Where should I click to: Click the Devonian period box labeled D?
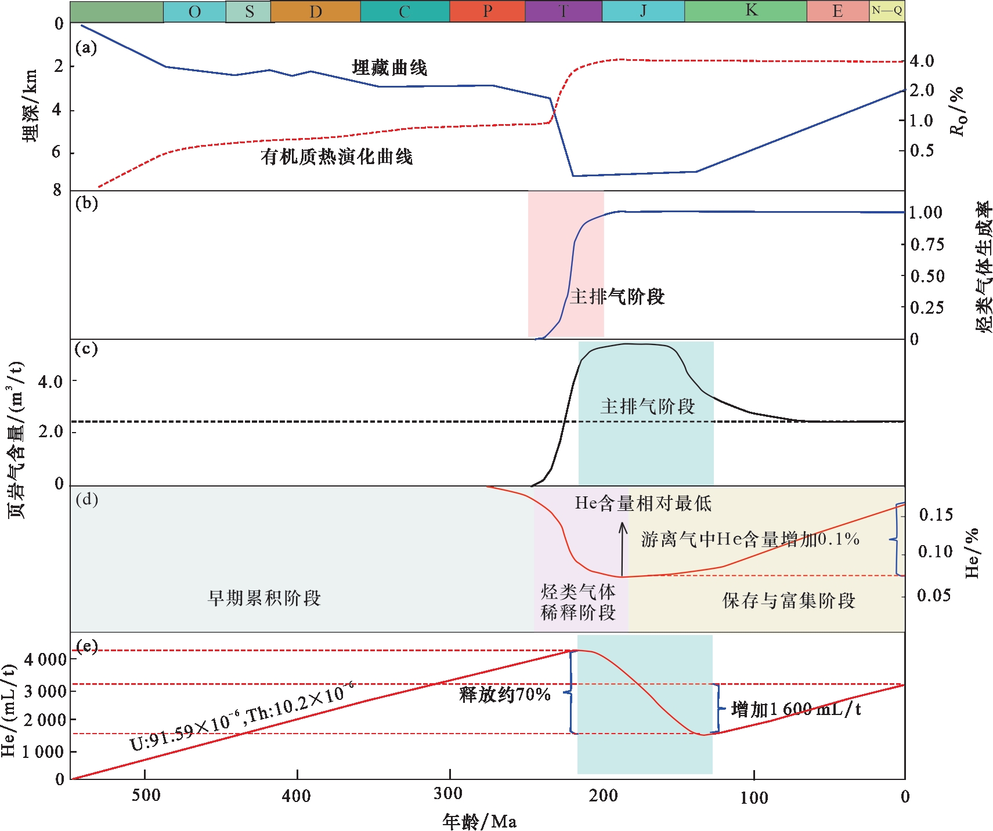click(x=316, y=12)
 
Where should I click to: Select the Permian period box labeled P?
click(x=488, y=12)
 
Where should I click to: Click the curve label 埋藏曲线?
click(x=389, y=68)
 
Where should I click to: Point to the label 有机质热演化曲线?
click(x=337, y=157)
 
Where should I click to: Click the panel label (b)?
click(x=86, y=204)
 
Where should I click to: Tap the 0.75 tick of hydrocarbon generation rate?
click(x=927, y=244)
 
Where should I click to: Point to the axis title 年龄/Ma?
click(x=479, y=821)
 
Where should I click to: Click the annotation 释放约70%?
click(x=505, y=694)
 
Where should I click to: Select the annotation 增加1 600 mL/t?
click(x=796, y=709)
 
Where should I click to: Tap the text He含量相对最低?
click(x=643, y=503)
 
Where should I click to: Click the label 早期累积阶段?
click(x=264, y=598)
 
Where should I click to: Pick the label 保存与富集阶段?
click(x=789, y=601)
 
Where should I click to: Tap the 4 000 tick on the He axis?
click(x=45, y=659)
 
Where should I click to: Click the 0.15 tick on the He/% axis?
click(x=936, y=514)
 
